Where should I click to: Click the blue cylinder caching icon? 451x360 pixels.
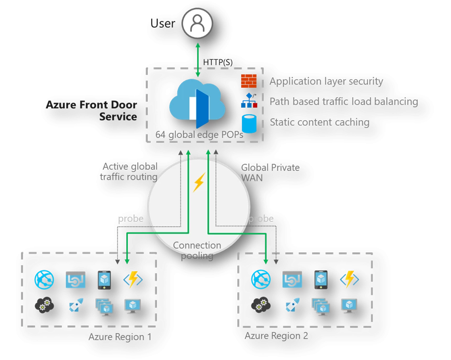249,123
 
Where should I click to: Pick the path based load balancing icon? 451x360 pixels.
249,101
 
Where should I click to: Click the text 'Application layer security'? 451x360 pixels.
326,81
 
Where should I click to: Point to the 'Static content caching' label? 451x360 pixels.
319,122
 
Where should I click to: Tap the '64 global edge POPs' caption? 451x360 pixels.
199,135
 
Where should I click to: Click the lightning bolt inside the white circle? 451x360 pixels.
198,183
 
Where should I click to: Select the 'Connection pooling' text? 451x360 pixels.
198,250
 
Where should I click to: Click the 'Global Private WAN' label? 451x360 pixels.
270,172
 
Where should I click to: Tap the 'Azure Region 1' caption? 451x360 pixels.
120,337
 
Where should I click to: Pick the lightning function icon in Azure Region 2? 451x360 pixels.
349,279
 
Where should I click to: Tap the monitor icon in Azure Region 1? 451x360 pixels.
132,304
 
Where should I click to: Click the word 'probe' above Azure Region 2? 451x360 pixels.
261,218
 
